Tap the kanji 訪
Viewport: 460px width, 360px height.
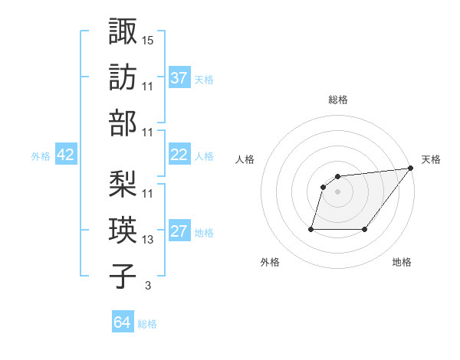pyautogui.click(x=123, y=77)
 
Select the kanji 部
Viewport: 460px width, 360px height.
pyautogui.click(x=123, y=123)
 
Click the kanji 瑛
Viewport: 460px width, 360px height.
pyautogui.click(x=123, y=230)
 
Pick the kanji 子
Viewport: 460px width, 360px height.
pyautogui.click(x=123, y=277)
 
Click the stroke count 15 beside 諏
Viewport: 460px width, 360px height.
pyautogui.click(x=148, y=39)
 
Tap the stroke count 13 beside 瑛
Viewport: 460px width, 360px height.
pyautogui.click(x=148, y=240)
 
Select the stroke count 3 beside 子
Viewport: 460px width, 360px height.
pyautogui.click(x=148, y=286)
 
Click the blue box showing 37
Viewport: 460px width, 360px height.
pyautogui.click(x=179, y=77)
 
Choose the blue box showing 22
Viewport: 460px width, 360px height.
pyautogui.click(x=179, y=155)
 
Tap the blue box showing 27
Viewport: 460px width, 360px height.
pyautogui.click(x=179, y=231)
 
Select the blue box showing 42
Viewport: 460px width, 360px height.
pyautogui.click(x=66, y=155)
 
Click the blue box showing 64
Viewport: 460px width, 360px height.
pyautogui.click(x=123, y=322)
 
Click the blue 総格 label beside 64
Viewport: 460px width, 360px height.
pyautogui.click(x=147, y=324)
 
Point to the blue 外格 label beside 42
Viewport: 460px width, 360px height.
pyautogui.click(x=41, y=156)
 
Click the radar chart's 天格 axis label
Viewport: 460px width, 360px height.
pyautogui.click(x=431, y=159)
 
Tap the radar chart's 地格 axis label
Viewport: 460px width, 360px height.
pyautogui.click(x=402, y=262)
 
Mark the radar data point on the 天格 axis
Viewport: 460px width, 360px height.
pyautogui.click(x=412, y=168)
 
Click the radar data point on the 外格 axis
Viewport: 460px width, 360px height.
pyautogui.click(x=312, y=228)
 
